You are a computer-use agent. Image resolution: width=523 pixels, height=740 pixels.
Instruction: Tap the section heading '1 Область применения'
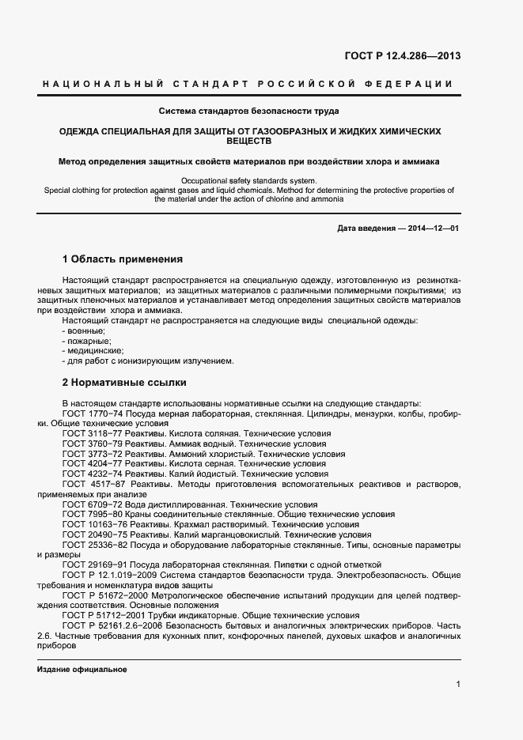123,259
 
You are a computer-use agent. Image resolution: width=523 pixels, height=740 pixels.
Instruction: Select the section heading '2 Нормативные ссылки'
124,382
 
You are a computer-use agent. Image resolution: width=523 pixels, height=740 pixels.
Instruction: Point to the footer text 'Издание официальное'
82,669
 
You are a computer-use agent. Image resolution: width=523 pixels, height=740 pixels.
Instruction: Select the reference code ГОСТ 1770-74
91,413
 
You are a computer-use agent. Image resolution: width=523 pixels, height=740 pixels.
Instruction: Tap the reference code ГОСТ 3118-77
91,434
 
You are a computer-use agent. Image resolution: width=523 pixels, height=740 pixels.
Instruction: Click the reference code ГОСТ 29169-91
93,564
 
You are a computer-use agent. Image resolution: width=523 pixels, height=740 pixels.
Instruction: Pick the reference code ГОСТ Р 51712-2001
103,615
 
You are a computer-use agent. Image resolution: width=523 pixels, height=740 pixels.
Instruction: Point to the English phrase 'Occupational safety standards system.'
248,181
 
